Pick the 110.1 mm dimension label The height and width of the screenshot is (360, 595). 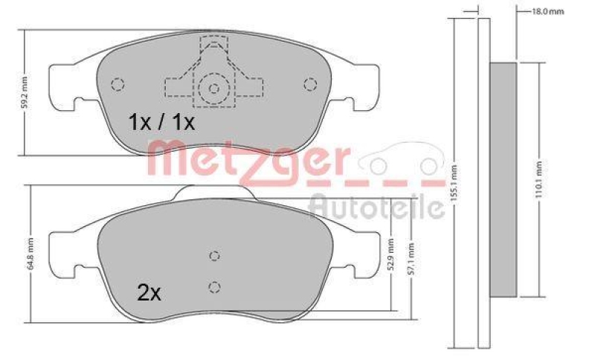538,179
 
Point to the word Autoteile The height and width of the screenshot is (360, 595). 376,207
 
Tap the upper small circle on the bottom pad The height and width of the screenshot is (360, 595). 214,256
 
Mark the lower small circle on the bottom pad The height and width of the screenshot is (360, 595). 214,286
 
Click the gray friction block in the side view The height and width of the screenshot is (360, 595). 504,179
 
